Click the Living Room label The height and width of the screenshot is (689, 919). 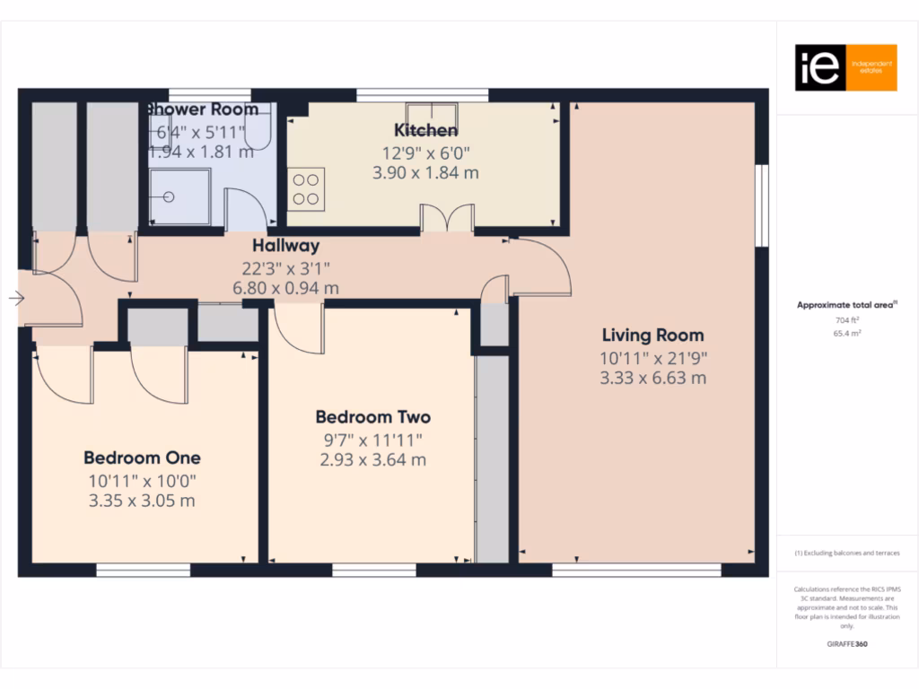tap(652, 336)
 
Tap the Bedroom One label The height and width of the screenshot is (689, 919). tap(142, 458)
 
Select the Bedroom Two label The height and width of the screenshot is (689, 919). tap(372, 417)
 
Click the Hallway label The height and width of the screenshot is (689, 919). tap(285, 245)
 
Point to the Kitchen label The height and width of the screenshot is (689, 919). tap(426, 130)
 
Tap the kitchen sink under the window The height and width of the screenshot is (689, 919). tap(434, 115)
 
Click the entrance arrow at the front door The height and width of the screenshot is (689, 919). tap(16, 299)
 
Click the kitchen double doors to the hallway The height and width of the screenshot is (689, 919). tap(448, 219)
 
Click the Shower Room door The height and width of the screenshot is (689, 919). tap(243, 210)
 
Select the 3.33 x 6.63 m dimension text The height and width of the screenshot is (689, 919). tap(652, 378)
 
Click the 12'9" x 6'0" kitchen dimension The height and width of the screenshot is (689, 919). tap(426, 153)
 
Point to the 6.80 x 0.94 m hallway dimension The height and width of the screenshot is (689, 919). tap(285, 288)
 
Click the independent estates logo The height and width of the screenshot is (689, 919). tap(845, 68)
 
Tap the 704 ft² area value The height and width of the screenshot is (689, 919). tap(846, 320)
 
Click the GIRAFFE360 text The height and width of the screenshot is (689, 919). tap(846, 644)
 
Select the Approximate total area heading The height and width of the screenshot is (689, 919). tap(846, 305)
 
